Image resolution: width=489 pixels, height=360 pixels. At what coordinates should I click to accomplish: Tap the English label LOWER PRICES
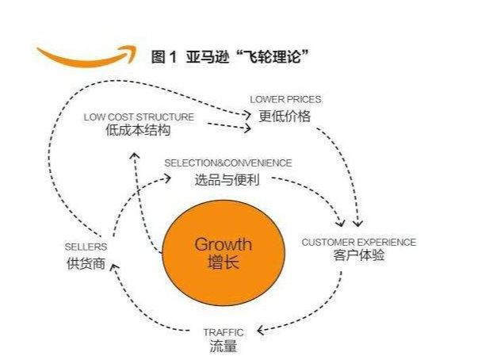pos(285,99)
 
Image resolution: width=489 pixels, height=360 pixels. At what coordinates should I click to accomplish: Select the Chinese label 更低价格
pos(285,116)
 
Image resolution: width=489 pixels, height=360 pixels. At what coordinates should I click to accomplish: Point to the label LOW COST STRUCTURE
pos(139,117)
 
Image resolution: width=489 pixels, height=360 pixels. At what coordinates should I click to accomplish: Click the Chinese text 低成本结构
pos(138,130)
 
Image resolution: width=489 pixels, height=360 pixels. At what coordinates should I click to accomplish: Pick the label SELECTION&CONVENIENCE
pos(228,163)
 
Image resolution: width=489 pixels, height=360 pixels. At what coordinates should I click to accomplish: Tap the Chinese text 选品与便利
pos(227,180)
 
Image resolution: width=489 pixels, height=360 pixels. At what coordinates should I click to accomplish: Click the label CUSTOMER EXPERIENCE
pos(359,242)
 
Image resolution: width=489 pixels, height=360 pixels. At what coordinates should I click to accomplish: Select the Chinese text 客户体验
pos(359,255)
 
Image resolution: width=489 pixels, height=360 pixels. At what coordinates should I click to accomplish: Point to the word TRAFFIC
pos(223,332)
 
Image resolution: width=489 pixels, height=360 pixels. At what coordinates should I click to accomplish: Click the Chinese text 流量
pos(223,346)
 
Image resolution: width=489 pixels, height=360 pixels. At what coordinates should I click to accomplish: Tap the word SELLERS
pos(86,247)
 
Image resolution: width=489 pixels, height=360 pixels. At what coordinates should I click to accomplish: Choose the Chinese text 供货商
pos(86,263)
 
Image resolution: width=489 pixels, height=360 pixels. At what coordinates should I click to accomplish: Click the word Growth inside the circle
pos(223,244)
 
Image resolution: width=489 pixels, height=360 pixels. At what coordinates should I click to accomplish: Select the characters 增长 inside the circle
pos(223,262)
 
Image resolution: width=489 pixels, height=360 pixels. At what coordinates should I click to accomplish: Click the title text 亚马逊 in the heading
pos(208,57)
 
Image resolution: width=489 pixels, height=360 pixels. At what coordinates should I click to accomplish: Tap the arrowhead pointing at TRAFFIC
pos(261,330)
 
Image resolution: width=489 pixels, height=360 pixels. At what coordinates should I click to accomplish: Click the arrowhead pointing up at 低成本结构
pos(135,156)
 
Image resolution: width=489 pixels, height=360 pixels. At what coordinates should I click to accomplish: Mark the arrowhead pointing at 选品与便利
pos(167,178)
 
